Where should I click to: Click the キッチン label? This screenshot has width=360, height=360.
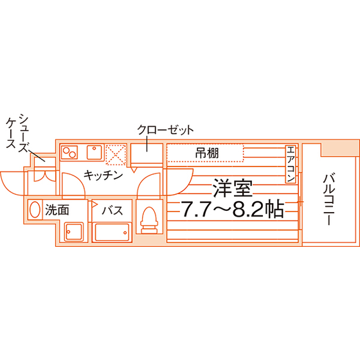click(x=103, y=175)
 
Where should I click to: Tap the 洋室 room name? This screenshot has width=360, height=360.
click(x=232, y=188)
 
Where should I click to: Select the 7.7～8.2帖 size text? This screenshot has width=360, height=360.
click(x=233, y=210)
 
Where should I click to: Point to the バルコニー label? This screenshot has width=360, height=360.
click(x=328, y=200)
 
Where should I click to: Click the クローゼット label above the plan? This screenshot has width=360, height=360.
click(x=165, y=130)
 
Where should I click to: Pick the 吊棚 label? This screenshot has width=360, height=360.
click(x=207, y=153)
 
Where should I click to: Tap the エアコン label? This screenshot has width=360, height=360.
click(x=291, y=164)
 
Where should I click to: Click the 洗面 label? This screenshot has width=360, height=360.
click(x=57, y=210)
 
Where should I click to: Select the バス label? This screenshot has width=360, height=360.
click(x=113, y=210)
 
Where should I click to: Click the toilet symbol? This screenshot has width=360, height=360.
click(x=149, y=220)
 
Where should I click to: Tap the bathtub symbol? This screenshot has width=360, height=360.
click(x=112, y=232)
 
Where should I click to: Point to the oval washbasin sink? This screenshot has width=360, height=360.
click(x=35, y=210)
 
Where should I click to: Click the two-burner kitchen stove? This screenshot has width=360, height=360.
click(x=69, y=152)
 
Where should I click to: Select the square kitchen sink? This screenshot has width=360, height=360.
click(x=94, y=152)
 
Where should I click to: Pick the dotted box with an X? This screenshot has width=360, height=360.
click(x=116, y=154)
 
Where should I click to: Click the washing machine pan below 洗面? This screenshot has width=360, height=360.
click(x=74, y=231)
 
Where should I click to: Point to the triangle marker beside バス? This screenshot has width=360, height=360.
click(x=94, y=204)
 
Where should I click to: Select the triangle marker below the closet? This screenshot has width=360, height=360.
click(x=134, y=170)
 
